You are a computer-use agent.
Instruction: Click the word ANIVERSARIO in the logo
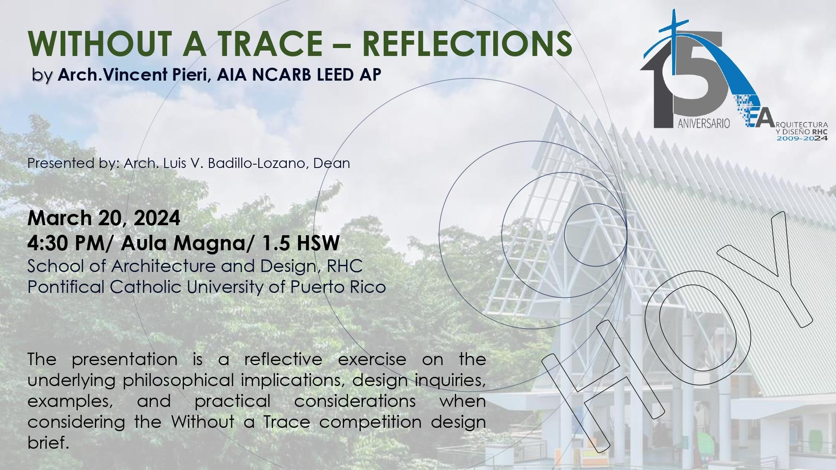[x=703, y=124]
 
